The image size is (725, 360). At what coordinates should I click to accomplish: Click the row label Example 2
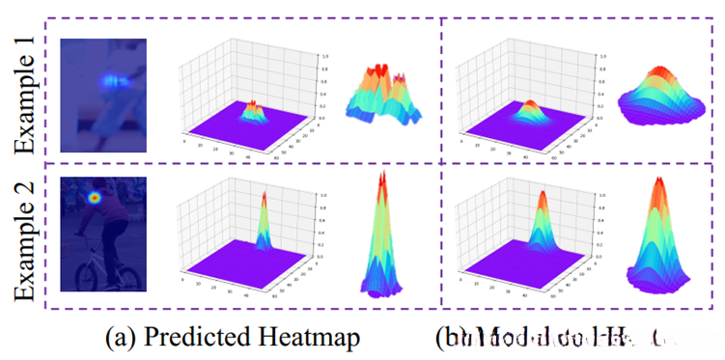tap(27, 237)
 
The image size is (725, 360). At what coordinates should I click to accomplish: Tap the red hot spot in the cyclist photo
tap(95, 199)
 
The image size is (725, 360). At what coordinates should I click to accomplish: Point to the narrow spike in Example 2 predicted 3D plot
tap(264, 217)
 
